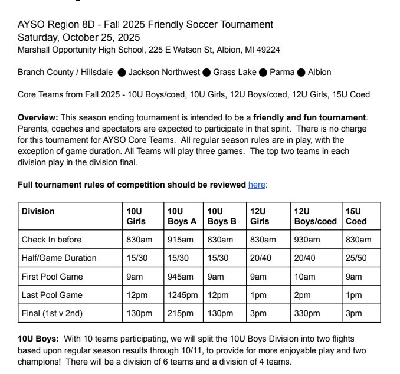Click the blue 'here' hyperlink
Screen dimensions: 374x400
pyautogui.click(x=257, y=185)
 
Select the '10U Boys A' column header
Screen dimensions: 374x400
pyautogui.click(x=182, y=216)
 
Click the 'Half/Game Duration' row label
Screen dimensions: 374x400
pyautogui.click(x=59, y=258)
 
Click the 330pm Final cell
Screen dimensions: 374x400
pyautogui.click(x=306, y=313)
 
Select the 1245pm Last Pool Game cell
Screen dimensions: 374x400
pyautogui.click(x=181, y=295)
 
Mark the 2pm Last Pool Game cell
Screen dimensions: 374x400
pyautogui.click(x=301, y=295)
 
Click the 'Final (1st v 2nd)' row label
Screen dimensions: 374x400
pyautogui.click(x=52, y=313)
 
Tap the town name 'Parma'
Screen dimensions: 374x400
pyautogui.click(x=282, y=72)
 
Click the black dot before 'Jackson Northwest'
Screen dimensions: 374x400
pyautogui.click(x=122, y=73)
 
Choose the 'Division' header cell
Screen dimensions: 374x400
pyautogui.click(x=38, y=211)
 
